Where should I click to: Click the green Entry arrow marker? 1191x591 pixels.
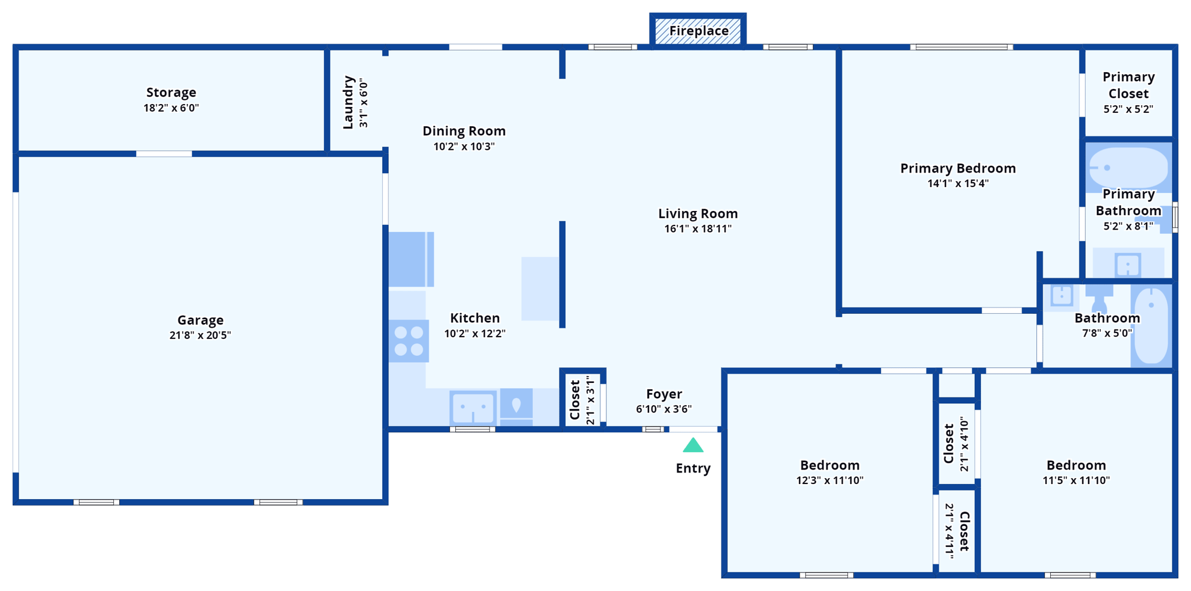pyautogui.click(x=693, y=446)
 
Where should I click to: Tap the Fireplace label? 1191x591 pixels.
pyautogui.click(x=698, y=31)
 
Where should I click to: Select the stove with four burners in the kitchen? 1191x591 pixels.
pyautogui.click(x=409, y=341)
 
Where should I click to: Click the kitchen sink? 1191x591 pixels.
pyautogui.click(x=473, y=407)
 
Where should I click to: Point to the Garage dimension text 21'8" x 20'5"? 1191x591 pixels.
pyautogui.click(x=200, y=335)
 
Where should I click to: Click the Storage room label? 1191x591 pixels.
pyautogui.click(x=171, y=92)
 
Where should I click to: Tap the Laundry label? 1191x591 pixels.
pyautogui.click(x=348, y=102)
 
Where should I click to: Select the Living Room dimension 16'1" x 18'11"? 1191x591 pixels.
pyautogui.click(x=698, y=229)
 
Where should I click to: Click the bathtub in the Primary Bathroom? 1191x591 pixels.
pyautogui.click(x=1128, y=167)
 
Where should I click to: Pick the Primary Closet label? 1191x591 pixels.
pyautogui.click(x=1128, y=85)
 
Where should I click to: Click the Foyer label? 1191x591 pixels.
pyautogui.click(x=664, y=394)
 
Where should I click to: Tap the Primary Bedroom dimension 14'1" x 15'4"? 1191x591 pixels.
pyautogui.click(x=958, y=184)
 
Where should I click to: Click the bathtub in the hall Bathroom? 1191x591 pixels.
pyautogui.click(x=1151, y=325)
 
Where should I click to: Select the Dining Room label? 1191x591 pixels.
pyautogui.click(x=463, y=131)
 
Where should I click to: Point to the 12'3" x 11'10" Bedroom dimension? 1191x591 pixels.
pyautogui.click(x=829, y=481)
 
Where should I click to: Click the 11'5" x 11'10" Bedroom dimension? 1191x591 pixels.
pyautogui.click(x=1076, y=481)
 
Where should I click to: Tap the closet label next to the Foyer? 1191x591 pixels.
pyautogui.click(x=575, y=399)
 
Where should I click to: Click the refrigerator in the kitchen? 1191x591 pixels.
pyautogui.click(x=411, y=259)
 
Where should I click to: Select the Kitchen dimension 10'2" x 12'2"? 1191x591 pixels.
pyautogui.click(x=475, y=334)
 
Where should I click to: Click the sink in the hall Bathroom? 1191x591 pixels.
pyautogui.click(x=1061, y=296)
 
